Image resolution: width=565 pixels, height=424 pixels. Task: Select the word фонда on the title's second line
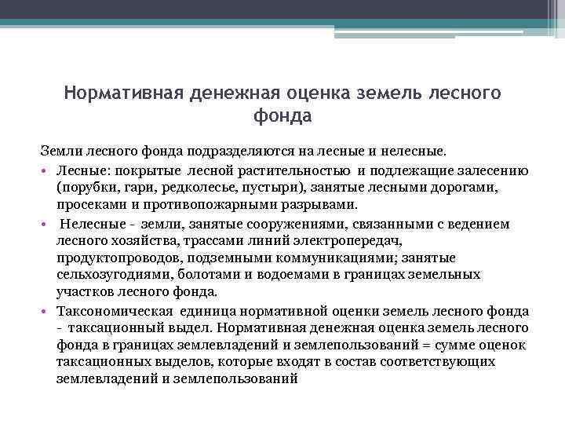coord(282,116)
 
